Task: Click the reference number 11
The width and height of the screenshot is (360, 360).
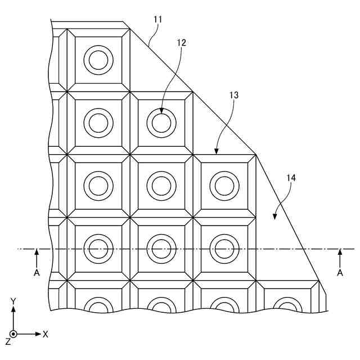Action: tap(158, 19)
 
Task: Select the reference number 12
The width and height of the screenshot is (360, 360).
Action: tap(181, 42)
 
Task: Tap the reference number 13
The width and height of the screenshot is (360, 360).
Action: tap(233, 95)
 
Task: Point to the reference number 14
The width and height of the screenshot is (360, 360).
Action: tap(291, 178)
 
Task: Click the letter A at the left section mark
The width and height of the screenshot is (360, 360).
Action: tap(37, 272)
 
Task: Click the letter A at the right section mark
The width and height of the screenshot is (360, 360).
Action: tap(340, 272)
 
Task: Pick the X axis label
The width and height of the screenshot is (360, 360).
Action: tap(46, 334)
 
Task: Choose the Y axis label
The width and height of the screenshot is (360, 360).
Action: tap(13, 302)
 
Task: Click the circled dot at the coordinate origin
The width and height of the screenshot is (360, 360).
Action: tap(13, 334)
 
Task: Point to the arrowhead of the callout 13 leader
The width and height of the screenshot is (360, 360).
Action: tap(217, 152)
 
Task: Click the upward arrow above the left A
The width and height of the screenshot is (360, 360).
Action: tap(37, 253)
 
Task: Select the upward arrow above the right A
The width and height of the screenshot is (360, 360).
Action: tap(340, 253)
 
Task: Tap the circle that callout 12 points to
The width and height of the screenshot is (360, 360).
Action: tap(161, 123)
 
